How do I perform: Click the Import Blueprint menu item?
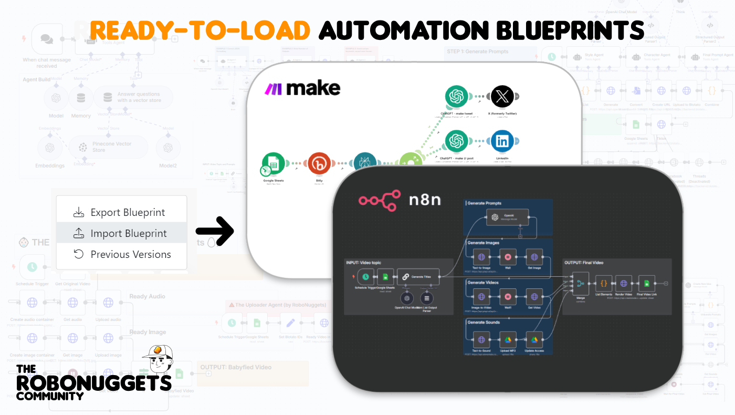click(x=122, y=233)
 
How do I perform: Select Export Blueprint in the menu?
click(x=121, y=212)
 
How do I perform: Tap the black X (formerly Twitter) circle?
click(x=502, y=97)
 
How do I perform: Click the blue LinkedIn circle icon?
click(x=502, y=141)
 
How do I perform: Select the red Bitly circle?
click(x=319, y=163)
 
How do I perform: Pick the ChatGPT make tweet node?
click(x=456, y=97)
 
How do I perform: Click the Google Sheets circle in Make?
click(x=274, y=163)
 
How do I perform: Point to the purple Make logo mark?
click(x=273, y=89)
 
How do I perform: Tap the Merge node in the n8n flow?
click(x=581, y=284)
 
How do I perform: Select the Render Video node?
click(x=623, y=284)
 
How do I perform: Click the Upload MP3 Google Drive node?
click(x=508, y=340)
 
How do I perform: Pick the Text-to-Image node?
click(x=481, y=257)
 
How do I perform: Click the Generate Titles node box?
click(x=418, y=276)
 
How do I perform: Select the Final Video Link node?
click(x=646, y=284)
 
